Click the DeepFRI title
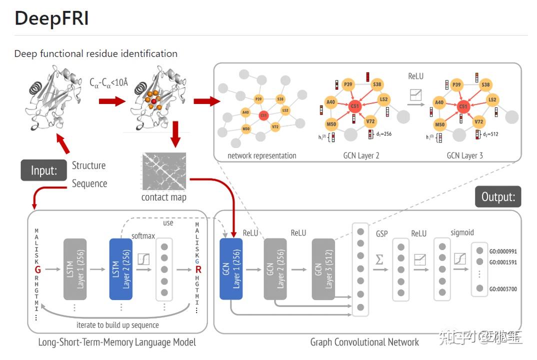coord(51,18)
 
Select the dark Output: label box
coord(497,196)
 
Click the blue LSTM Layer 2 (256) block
coord(120,269)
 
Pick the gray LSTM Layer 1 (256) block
coord(75,269)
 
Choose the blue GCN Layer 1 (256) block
coord(231,269)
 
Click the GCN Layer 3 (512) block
coord(323,269)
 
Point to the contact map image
coord(164,171)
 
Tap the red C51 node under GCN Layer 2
coord(354,106)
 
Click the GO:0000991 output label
coord(503,251)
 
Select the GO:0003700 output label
coord(503,288)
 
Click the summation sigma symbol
coord(379,260)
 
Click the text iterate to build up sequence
coord(117,325)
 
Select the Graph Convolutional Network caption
coord(364,342)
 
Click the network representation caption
coord(261,155)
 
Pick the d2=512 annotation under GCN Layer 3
coord(488,134)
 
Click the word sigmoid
coord(461,232)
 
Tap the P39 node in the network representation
coord(258,99)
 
